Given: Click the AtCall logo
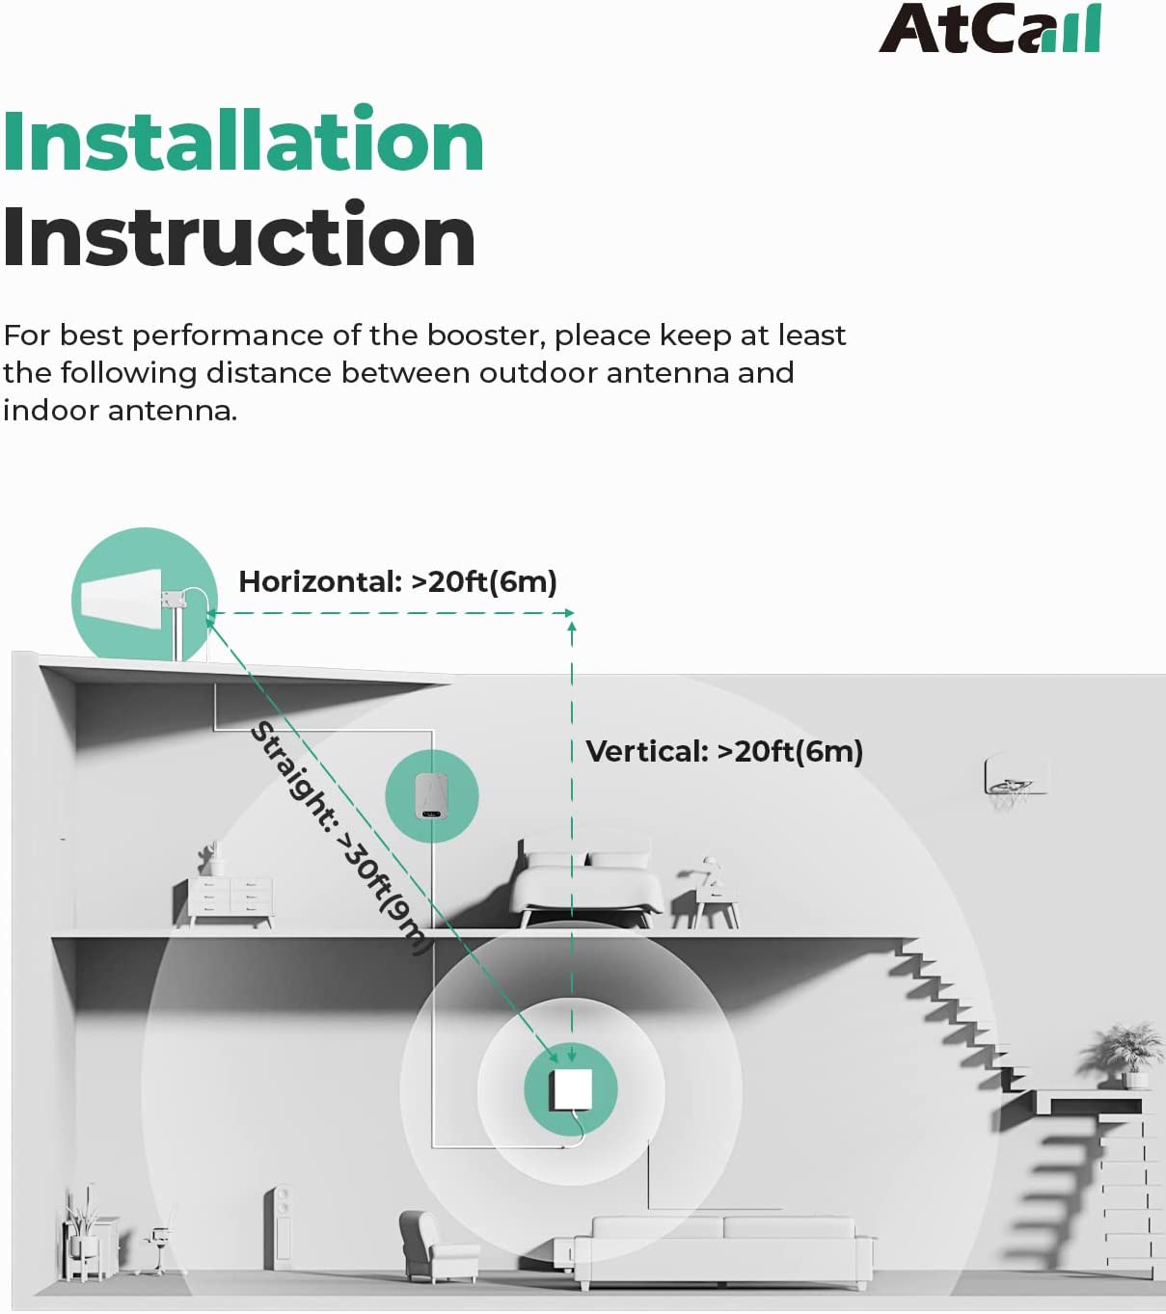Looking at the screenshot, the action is [x=990, y=29].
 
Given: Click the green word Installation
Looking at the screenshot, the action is [x=243, y=140].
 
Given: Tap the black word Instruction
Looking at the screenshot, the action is [x=239, y=235].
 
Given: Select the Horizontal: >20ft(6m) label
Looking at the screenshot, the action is [x=397, y=581].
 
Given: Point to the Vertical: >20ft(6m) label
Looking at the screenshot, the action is [x=725, y=752].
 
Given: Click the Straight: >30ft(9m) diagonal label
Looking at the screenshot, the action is [x=340, y=838].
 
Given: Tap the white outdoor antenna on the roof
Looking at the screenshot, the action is [x=121, y=601].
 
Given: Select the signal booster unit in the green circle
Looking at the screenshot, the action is [x=431, y=795].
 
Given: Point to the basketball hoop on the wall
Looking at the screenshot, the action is [x=1015, y=781].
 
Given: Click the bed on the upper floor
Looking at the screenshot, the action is [x=587, y=881].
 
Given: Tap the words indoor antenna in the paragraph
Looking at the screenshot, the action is [x=120, y=411].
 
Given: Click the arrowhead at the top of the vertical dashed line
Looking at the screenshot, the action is [x=572, y=626].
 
